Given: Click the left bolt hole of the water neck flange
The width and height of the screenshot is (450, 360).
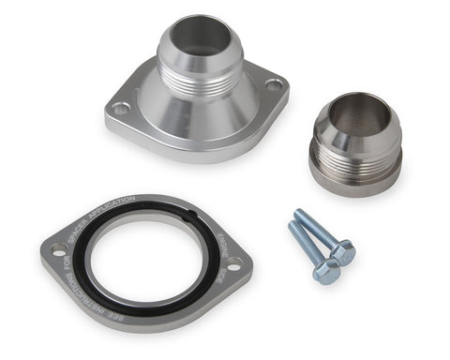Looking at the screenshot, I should coord(121,109).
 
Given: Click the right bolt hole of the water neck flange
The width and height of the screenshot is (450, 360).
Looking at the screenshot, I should coord(273,84).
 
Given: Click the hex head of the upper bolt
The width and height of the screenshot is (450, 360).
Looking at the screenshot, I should coord(343,250).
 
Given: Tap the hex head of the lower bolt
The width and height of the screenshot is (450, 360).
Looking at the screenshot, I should coord(326,271).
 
